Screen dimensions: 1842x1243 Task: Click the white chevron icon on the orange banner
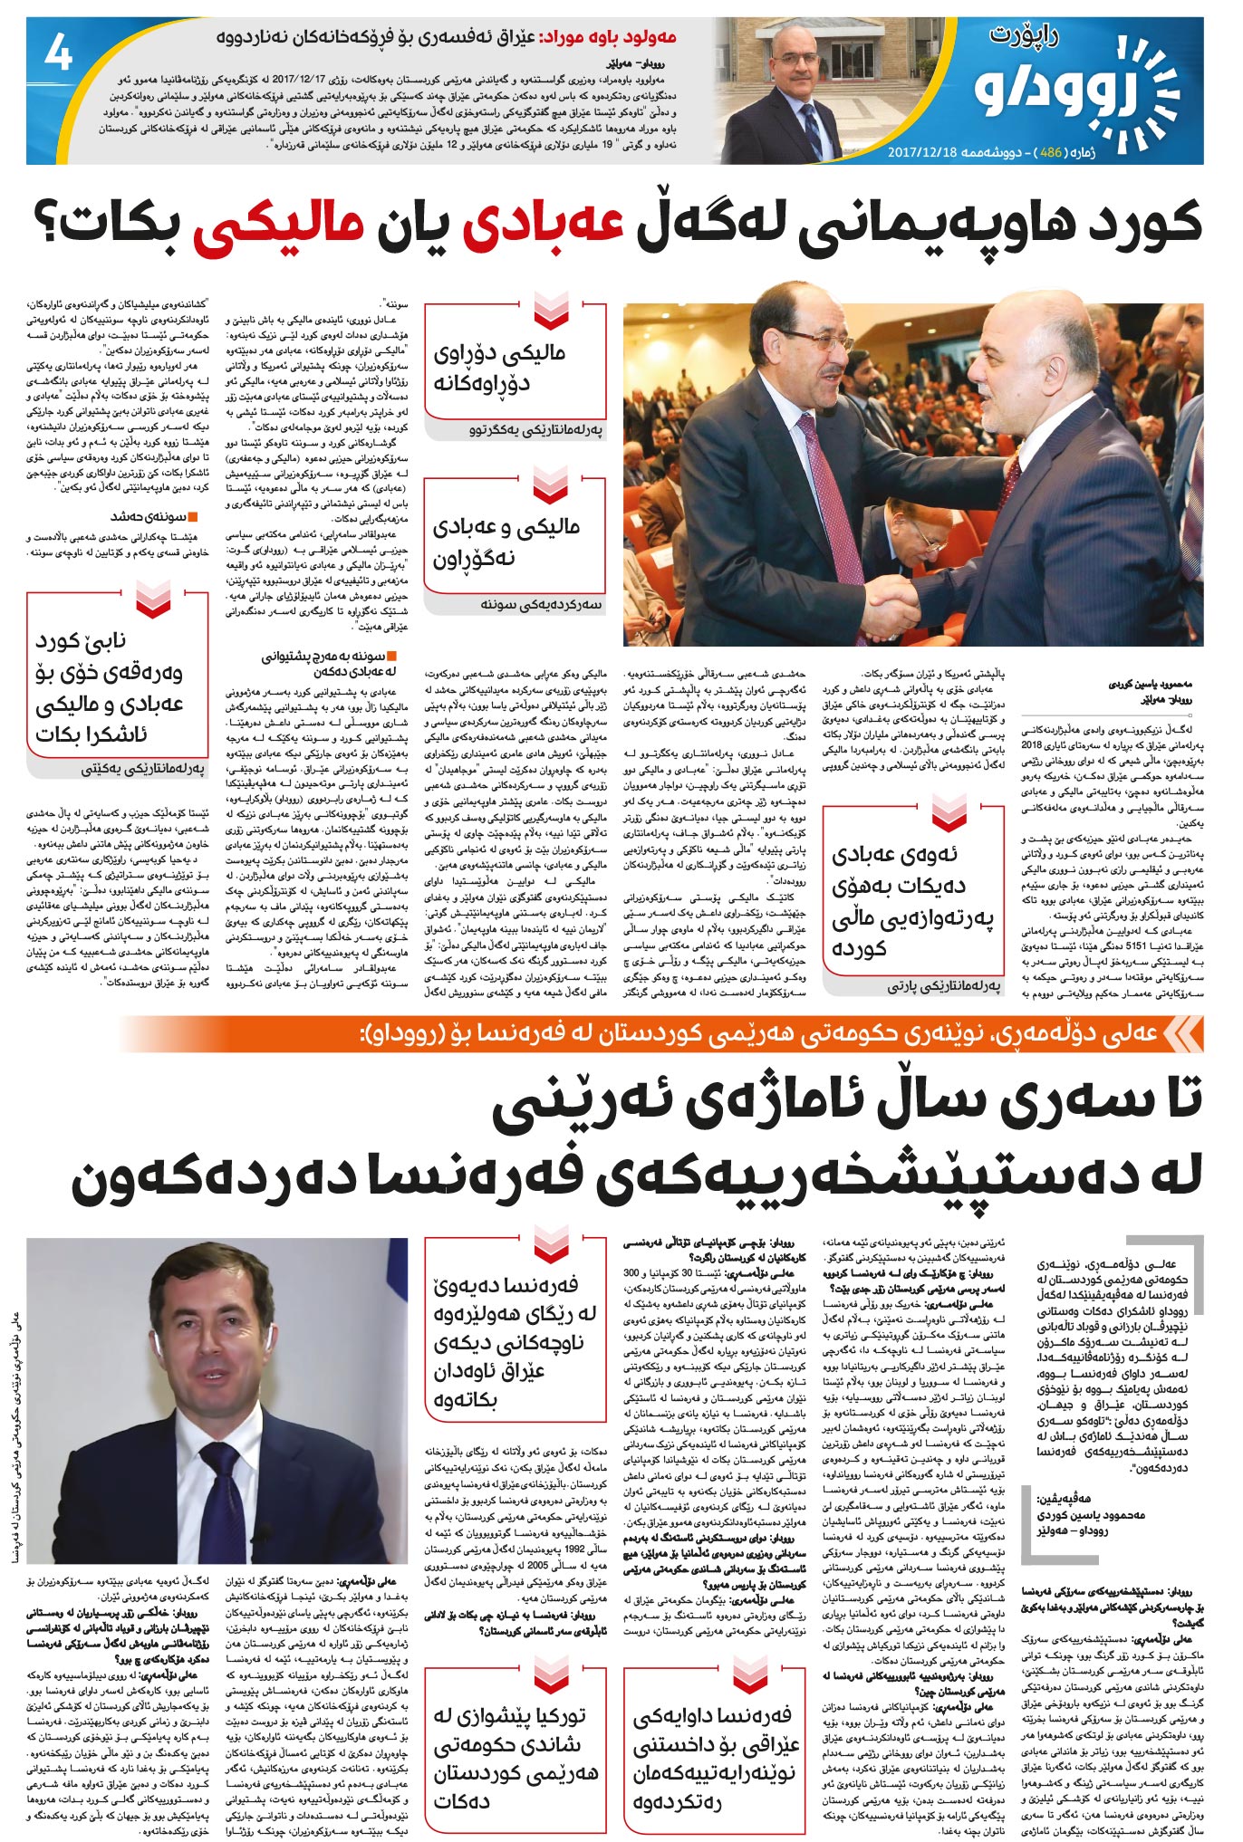(x=1183, y=1034)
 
